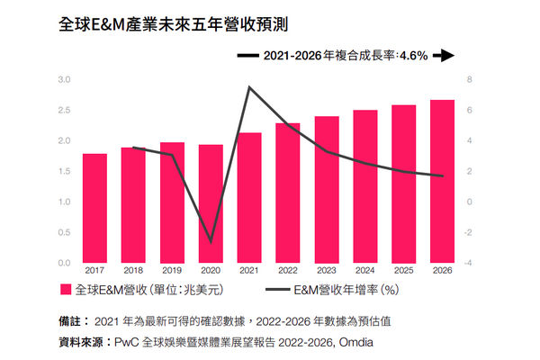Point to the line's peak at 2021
(x=248, y=87)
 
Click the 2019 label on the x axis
(x=172, y=269)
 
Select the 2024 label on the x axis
(x=364, y=269)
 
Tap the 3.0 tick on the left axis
(x=64, y=79)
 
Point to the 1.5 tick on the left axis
(x=64, y=171)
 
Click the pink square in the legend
(x=65, y=290)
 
